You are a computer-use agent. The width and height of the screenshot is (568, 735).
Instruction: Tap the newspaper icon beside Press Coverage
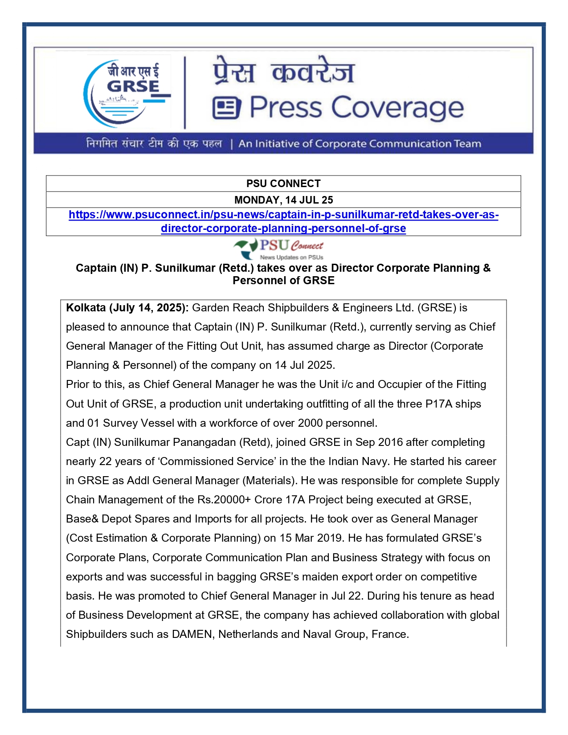(226, 108)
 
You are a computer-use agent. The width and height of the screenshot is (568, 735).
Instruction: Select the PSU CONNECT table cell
(283, 184)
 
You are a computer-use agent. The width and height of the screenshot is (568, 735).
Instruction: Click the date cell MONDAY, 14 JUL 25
(283, 200)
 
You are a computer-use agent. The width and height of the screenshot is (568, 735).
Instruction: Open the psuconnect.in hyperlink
(283, 221)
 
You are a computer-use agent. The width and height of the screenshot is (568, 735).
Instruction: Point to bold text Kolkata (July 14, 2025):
(127, 308)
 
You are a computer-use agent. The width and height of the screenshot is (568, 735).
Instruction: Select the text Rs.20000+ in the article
(224, 500)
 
